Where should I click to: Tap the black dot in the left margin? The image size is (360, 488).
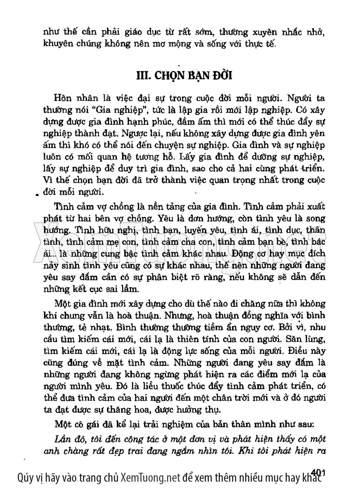(x=38, y=195)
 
